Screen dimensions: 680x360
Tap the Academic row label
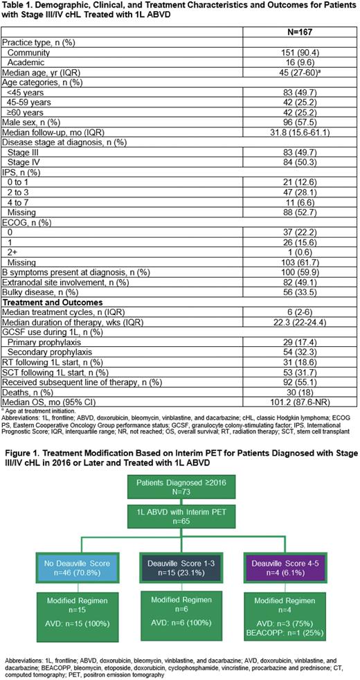pyautogui.click(x=26, y=61)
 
